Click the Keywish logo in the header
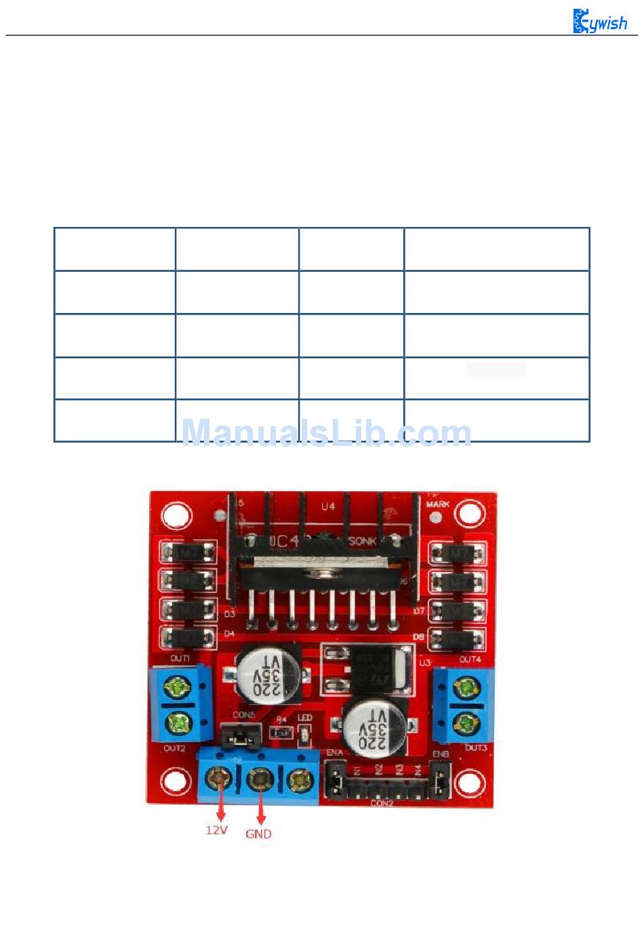(x=600, y=22)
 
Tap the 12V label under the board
(x=216, y=830)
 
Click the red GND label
(x=258, y=834)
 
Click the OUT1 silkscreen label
(x=180, y=658)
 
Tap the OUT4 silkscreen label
(x=470, y=659)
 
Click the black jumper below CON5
(x=241, y=735)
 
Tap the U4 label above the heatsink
(x=328, y=506)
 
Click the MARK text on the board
(x=437, y=505)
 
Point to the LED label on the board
(x=304, y=718)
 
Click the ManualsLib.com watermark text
(x=327, y=433)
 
